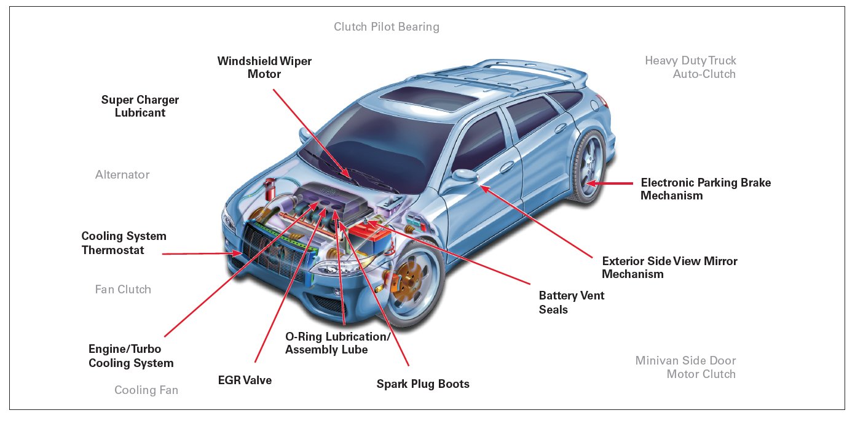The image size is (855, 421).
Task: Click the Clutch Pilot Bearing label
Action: pyautogui.click(x=387, y=27)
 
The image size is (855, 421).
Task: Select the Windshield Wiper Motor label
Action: pyautogui.click(x=264, y=68)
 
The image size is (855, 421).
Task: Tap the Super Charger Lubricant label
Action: pyautogui.click(x=140, y=106)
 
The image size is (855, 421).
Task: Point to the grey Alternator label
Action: pyautogui.click(x=122, y=175)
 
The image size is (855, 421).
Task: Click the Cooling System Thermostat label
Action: pyautogui.click(x=124, y=243)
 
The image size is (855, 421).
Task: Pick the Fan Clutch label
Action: pyautogui.click(x=123, y=289)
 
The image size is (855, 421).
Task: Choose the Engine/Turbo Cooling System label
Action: pyautogui.click(x=131, y=356)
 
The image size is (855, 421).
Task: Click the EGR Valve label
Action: pyautogui.click(x=245, y=380)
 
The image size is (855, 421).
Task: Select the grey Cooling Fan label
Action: pyautogui.click(x=146, y=390)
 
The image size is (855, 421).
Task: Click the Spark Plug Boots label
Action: pyautogui.click(x=423, y=384)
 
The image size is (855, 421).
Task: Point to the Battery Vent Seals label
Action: pyautogui.click(x=572, y=303)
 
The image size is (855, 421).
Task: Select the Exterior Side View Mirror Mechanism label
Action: pyautogui.click(x=669, y=267)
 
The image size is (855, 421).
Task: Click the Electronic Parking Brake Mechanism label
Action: pyautogui.click(x=705, y=189)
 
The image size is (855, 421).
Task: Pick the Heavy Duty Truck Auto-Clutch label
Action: pyautogui.click(x=690, y=67)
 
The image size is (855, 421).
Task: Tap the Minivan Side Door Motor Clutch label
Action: pyautogui.click(x=685, y=367)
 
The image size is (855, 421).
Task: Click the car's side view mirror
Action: pyautogui.click(x=465, y=176)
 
